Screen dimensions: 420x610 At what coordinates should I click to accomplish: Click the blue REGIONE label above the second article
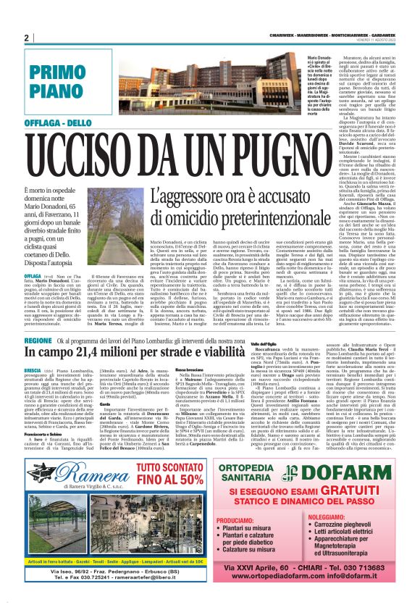[37, 340]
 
